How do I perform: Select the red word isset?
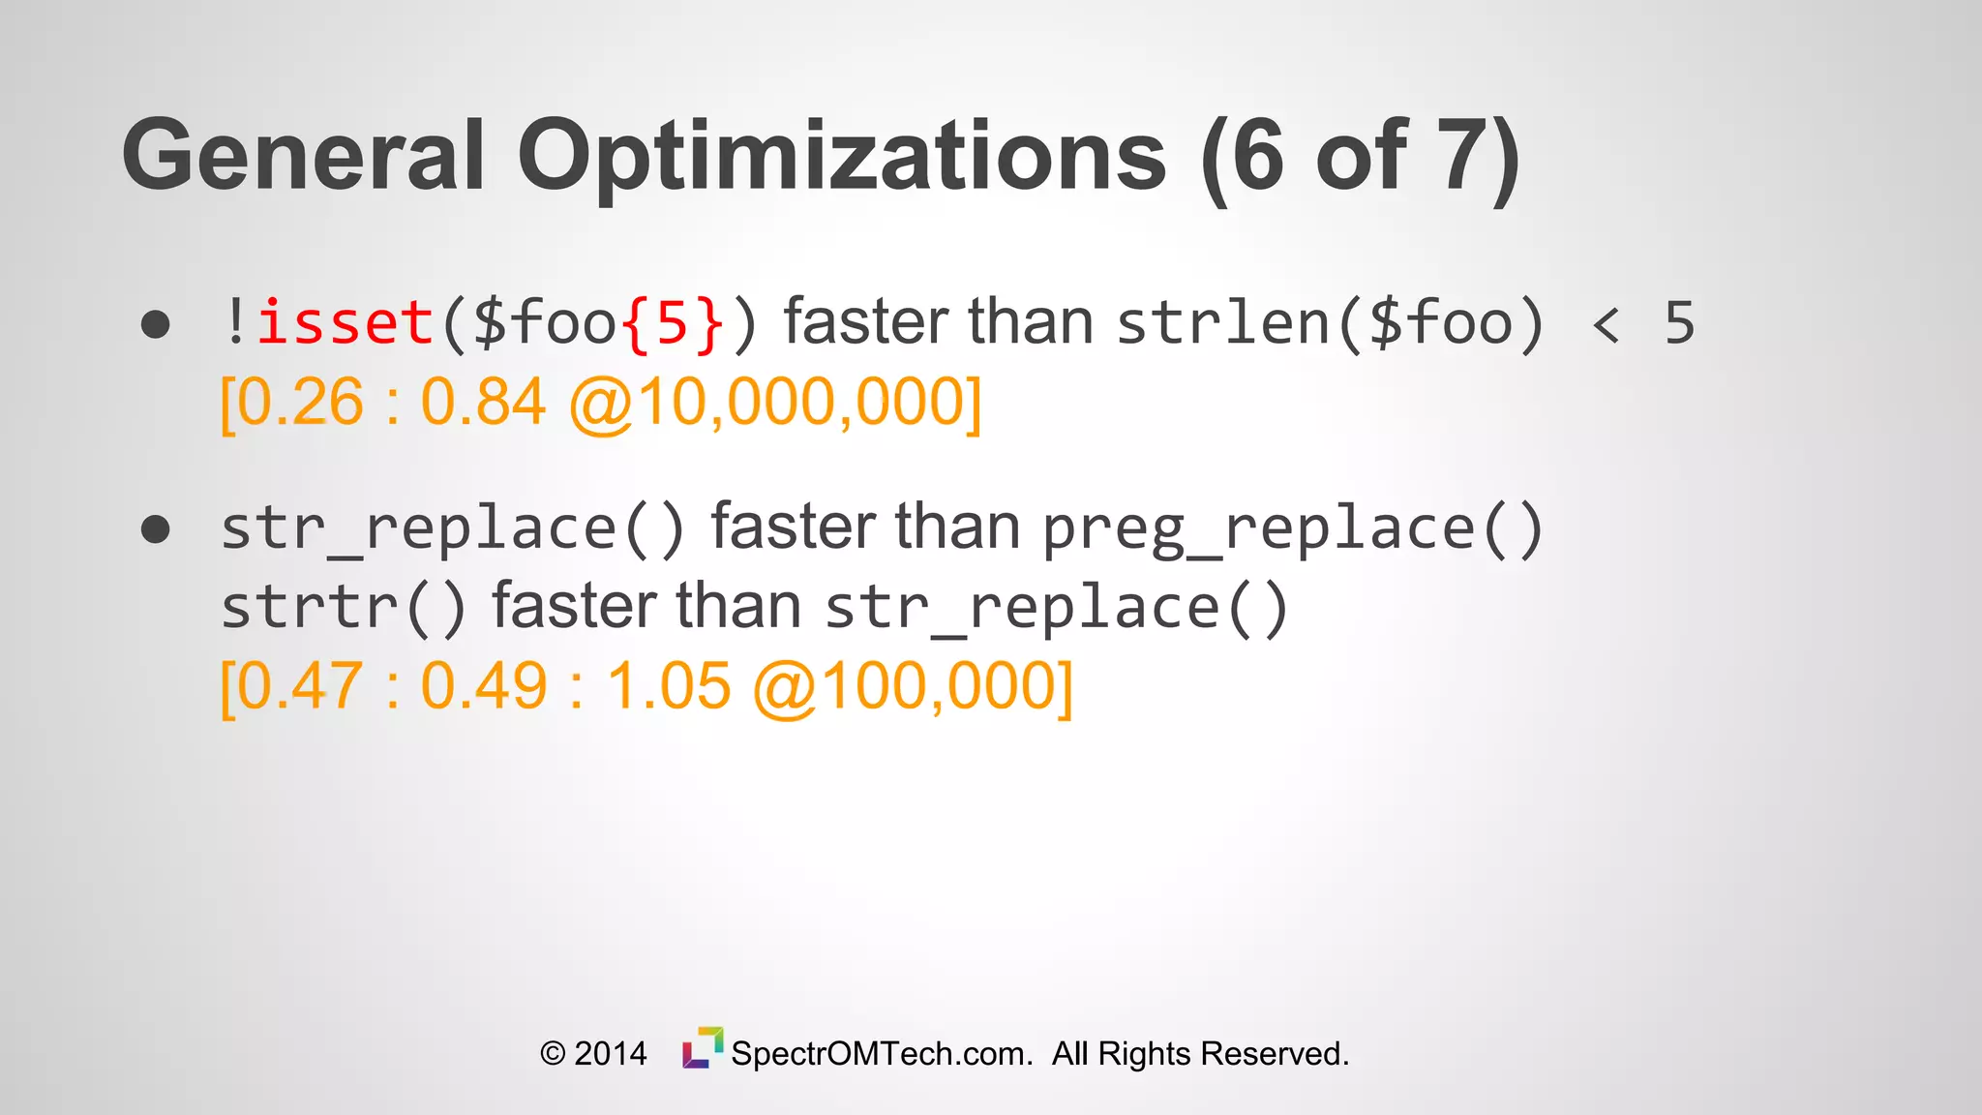click(345, 323)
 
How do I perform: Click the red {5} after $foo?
click(674, 323)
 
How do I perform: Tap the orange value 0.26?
click(300, 403)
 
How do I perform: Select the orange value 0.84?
click(483, 403)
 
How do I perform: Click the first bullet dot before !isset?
click(156, 324)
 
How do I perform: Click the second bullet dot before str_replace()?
click(156, 529)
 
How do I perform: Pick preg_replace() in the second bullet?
click(1292, 529)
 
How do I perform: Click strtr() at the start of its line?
click(343, 608)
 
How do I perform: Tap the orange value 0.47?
click(300, 686)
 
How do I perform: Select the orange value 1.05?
click(668, 686)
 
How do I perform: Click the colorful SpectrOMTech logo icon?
click(703, 1048)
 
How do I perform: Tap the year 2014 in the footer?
click(610, 1053)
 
